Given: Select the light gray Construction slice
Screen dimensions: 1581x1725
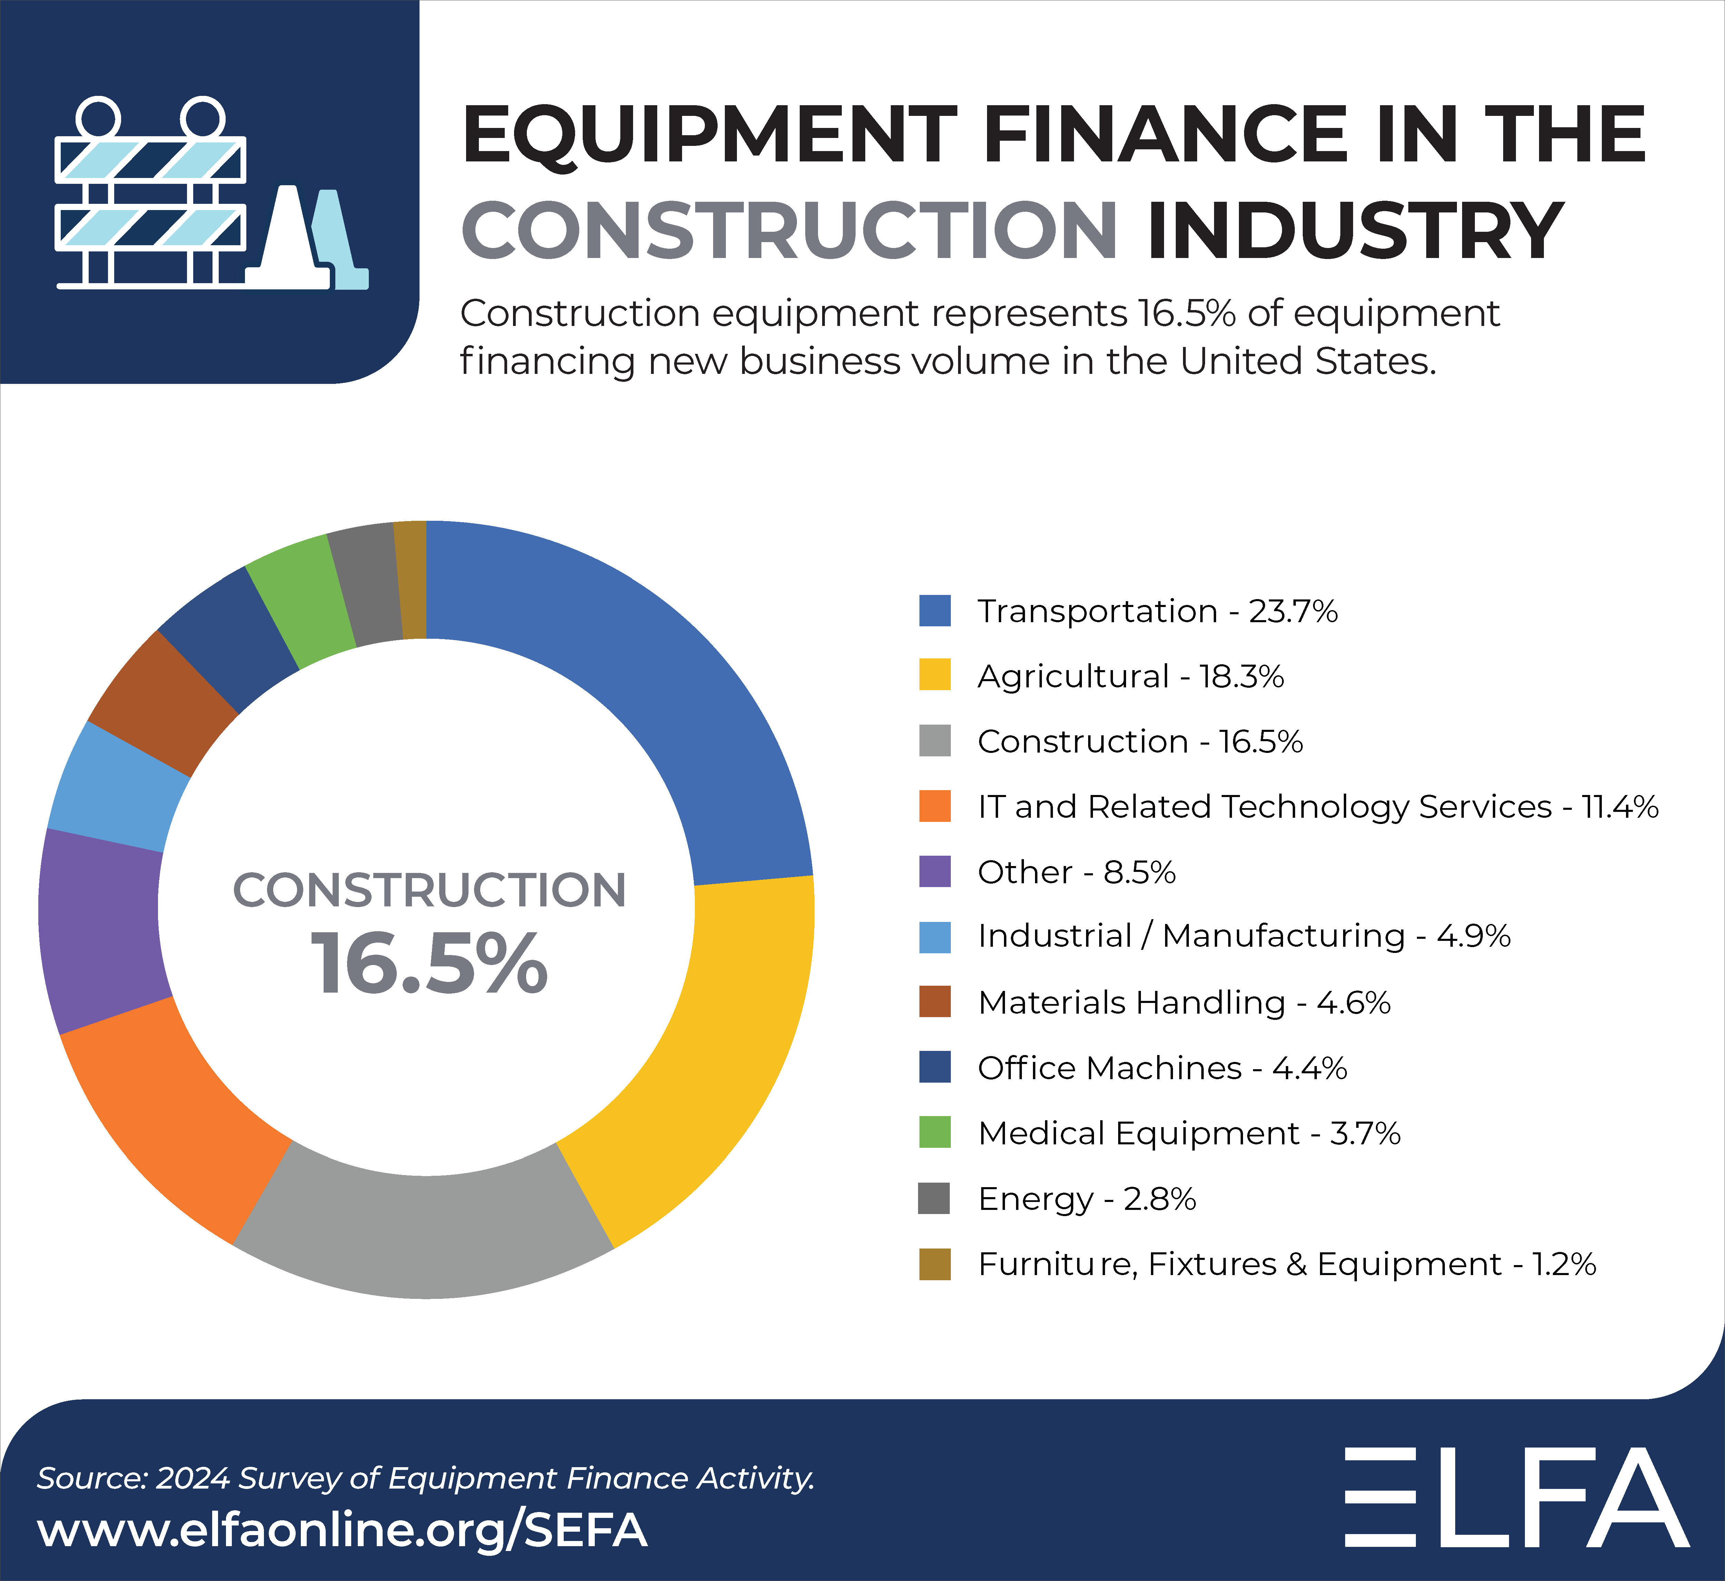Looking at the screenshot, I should click(424, 1236).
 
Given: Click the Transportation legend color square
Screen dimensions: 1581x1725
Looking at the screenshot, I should click(934, 611).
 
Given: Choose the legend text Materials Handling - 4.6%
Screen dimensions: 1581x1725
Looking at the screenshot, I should click(1183, 1003).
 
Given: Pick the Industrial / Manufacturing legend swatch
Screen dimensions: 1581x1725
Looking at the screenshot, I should click(934, 937).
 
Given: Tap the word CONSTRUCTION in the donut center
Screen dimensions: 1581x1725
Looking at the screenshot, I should click(430, 890).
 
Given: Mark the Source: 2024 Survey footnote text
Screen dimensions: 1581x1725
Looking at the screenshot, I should click(425, 1478).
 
